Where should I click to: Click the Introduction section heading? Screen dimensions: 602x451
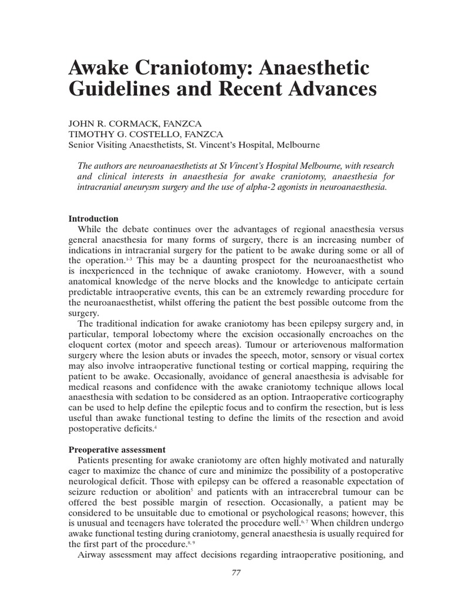pos(93,219)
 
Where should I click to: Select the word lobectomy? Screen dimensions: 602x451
pos(154,335)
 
